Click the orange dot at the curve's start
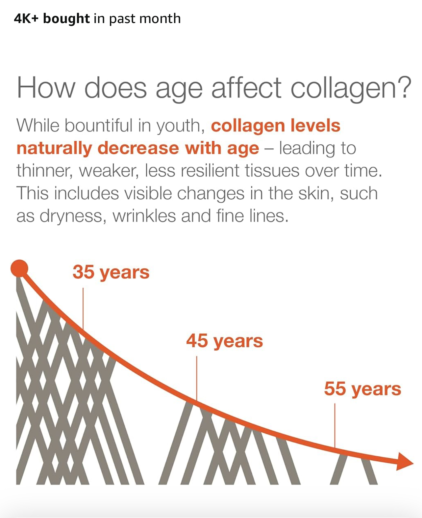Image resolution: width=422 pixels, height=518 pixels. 19,268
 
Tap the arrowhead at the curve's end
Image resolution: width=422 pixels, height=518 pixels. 404,462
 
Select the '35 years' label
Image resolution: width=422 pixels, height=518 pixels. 111,273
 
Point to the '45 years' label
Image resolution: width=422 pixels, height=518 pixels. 224,341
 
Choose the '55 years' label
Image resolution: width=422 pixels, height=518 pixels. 362,389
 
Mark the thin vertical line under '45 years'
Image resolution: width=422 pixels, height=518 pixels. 197,379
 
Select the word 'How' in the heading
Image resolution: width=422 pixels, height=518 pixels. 46,88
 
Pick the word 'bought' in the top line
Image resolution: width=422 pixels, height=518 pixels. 66,19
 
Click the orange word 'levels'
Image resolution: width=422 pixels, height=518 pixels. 315,126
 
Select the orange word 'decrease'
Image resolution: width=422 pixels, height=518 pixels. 138,148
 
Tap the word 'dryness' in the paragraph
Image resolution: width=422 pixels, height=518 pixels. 73,216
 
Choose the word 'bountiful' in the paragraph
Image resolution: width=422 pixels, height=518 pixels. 98,126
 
